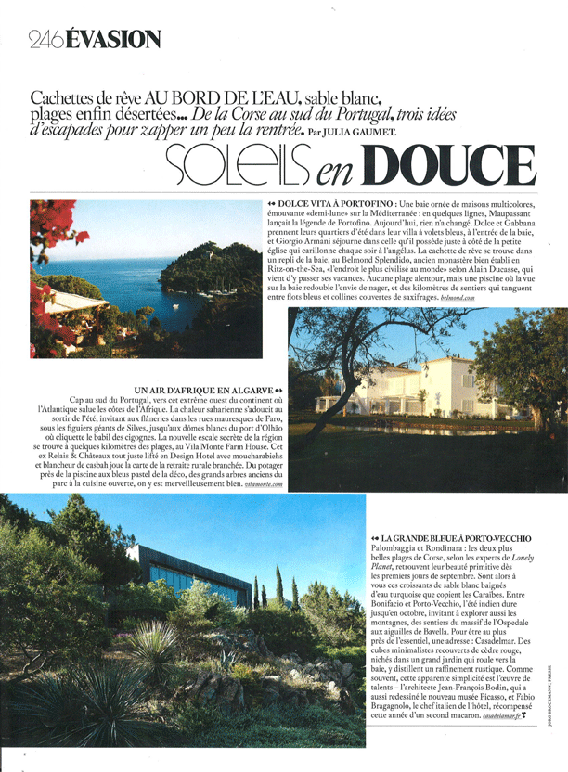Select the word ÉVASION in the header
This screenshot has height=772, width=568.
tap(114, 39)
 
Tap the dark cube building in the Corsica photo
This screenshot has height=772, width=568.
tap(181, 573)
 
